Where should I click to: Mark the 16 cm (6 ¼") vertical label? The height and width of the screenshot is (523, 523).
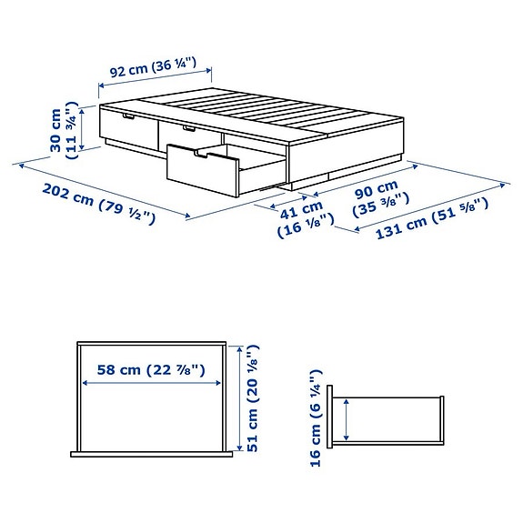click(x=315, y=418)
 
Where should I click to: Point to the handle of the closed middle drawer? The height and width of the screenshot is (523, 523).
click(x=188, y=129)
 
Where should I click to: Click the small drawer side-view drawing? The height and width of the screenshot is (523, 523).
click(x=388, y=421)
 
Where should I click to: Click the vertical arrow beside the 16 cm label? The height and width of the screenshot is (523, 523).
click(x=347, y=421)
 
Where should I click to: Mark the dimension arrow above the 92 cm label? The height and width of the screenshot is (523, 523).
click(x=156, y=79)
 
